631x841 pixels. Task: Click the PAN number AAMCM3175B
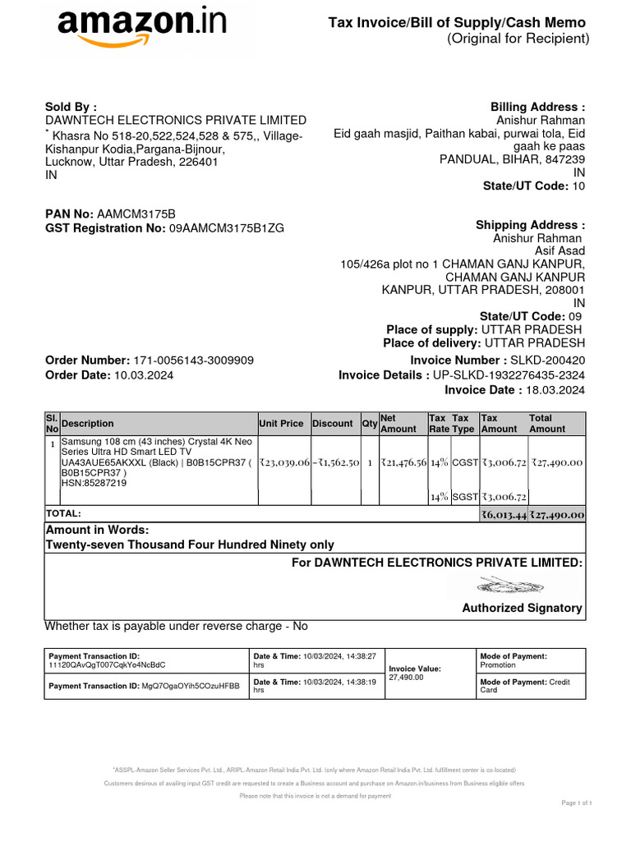(x=136, y=214)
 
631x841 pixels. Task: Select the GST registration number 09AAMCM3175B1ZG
(x=226, y=228)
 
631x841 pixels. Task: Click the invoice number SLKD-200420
(x=547, y=361)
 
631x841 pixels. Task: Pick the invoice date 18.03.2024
(x=556, y=390)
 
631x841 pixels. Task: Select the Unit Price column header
(x=281, y=424)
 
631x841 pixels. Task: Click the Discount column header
(x=333, y=424)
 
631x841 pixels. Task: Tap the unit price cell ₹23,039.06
(x=283, y=463)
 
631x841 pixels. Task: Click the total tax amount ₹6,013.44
(x=504, y=515)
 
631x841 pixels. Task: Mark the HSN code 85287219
(x=94, y=484)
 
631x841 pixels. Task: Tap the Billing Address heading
(x=537, y=108)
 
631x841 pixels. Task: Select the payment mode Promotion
(x=498, y=665)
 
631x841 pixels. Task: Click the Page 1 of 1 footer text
(x=577, y=802)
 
